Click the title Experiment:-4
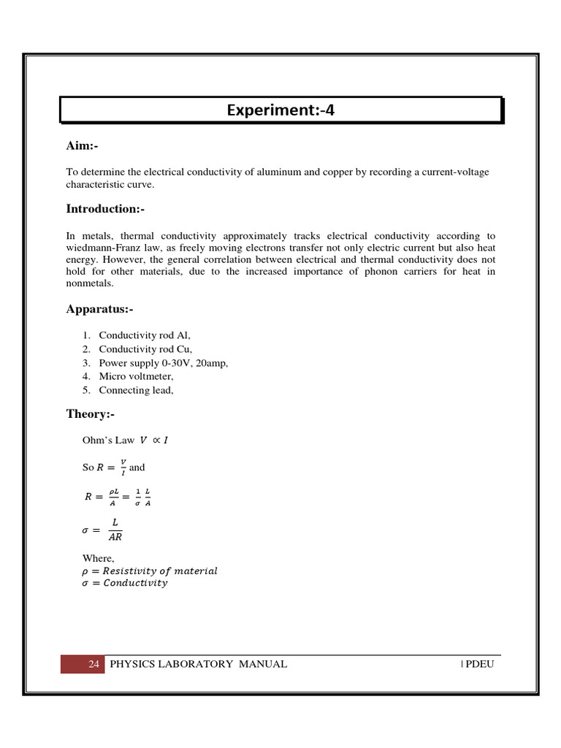click(x=280, y=110)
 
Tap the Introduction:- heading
click(x=105, y=209)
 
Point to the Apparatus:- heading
click(x=99, y=309)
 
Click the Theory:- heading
click(x=90, y=414)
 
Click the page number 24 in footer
click(x=93, y=664)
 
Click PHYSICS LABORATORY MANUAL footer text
click(x=198, y=664)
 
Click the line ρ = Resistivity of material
click(x=150, y=570)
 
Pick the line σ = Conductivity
click(x=124, y=583)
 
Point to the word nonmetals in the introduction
click(x=90, y=283)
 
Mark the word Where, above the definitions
click(x=99, y=558)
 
